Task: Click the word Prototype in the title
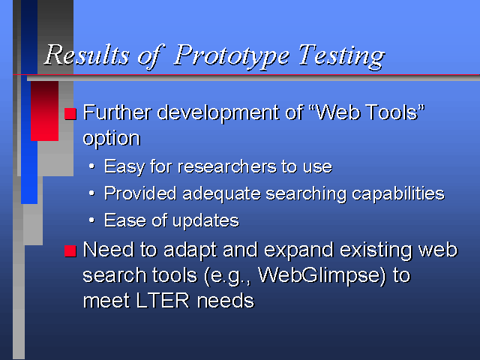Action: pyautogui.click(x=232, y=55)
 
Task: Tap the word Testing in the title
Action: pyautogui.click(x=341, y=55)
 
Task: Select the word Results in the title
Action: pyautogui.click(x=87, y=55)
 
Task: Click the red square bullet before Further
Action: pyautogui.click(x=70, y=114)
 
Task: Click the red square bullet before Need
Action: pyautogui.click(x=70, y=251)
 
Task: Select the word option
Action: pyautogui.click(x=112, y=139)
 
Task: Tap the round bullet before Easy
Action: pyautogui.click(x=91, y=166)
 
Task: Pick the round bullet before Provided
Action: pyautogui.click(x=91, y=193)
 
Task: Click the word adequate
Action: pyautogui.click(x=221, y=194)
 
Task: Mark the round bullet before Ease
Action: pyautogui.click(x=91, y=220)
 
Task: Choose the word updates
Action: pyautogui.click(x=205, y=221)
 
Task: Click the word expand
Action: pyautogui.click(x=298, y=251)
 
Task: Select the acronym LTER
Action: pyautogui.click(x=163, y=300)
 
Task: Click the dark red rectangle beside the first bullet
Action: pyautogui.click(x=45, y=111)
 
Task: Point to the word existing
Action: pyautogui.click(x=376, y=251)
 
